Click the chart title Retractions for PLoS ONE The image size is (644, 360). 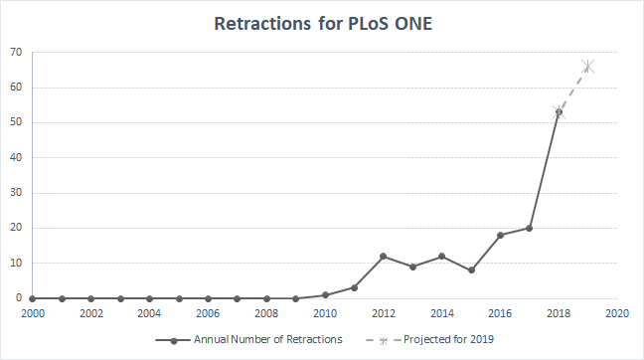click(x=322, y=23)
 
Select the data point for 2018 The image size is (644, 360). click(x=559, y=112)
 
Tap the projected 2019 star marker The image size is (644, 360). click(x=588, y=67)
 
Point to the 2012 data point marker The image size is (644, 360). click(x=384, y=256)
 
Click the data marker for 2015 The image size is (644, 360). click(x=471, y=270)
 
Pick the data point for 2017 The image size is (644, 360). click(x=530, y=228)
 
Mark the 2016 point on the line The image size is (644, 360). click(x=500, y=235)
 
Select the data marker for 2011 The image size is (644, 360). click(x=354, y=287)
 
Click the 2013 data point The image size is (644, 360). click(x=412, y=267)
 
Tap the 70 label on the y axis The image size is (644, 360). click(x=17, y=53)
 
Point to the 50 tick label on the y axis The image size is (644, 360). click(x=17, y=122)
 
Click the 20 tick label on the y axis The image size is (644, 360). click(x=17, y=228)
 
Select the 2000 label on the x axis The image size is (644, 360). click(x=33, y=312)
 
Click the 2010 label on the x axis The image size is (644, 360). click(x=325, y=312)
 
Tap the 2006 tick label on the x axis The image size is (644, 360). click(x=208, y=312)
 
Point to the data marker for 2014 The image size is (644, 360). click(x=442, y=256)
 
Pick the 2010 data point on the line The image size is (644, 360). click(x=325, y=294)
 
